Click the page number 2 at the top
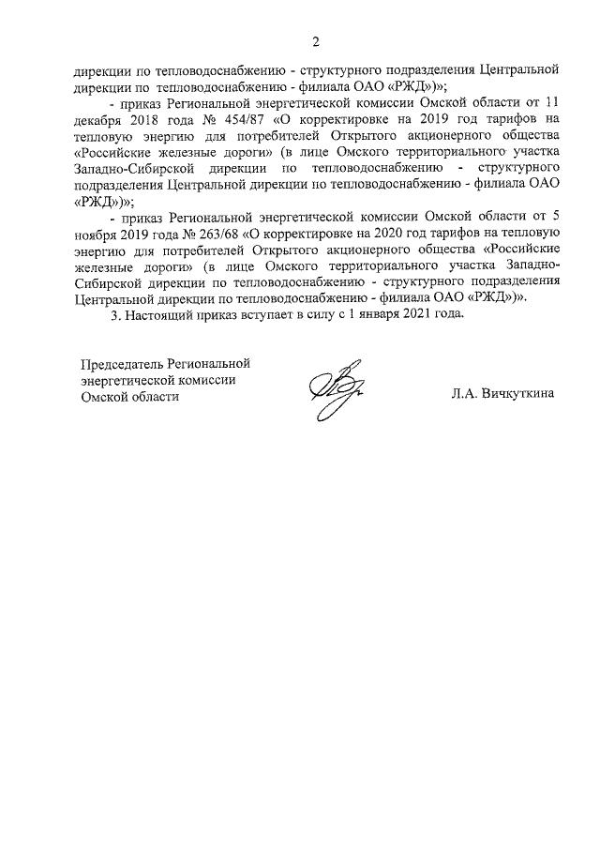[x=316, y=41]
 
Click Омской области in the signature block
[x=128, y=396]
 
